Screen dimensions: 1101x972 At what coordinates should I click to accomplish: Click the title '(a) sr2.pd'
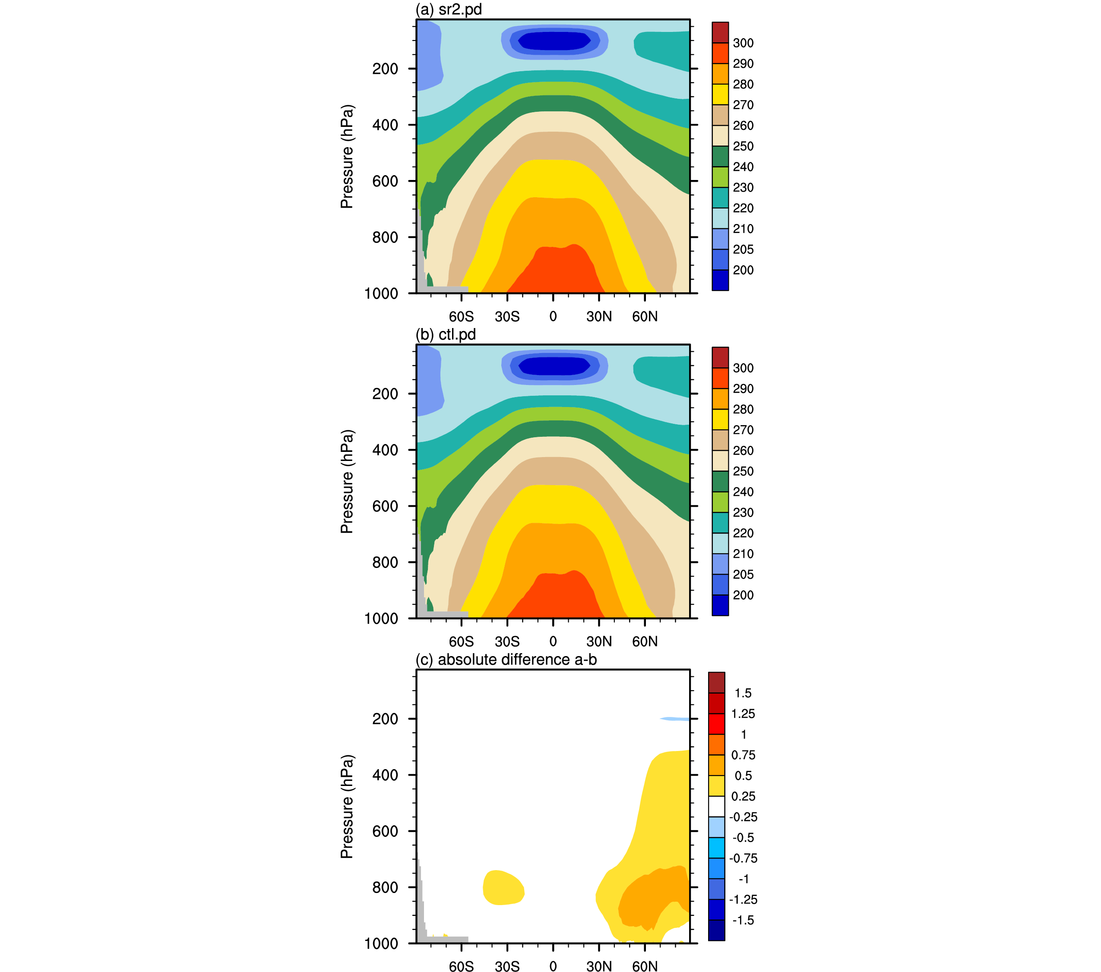pos(448,9)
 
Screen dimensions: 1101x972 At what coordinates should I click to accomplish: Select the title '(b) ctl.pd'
pos(446,335)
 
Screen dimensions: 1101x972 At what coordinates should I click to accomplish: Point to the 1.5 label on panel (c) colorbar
pos(743,693)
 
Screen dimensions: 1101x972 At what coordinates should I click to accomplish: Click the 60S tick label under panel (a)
pos(461,317)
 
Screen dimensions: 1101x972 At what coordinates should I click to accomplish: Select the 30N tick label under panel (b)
pos(599,641)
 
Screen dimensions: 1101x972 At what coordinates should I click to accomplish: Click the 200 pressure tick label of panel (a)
pos(385,69)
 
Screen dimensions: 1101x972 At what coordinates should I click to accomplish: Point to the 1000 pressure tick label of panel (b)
pos(381,619)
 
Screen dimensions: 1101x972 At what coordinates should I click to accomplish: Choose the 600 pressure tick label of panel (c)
pos(385,831)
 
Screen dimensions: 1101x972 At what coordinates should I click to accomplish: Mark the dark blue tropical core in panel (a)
pos(554,41)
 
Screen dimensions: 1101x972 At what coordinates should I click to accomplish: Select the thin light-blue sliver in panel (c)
pos(675,719)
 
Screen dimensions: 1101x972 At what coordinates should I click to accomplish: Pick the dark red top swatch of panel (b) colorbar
pos(720,357)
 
